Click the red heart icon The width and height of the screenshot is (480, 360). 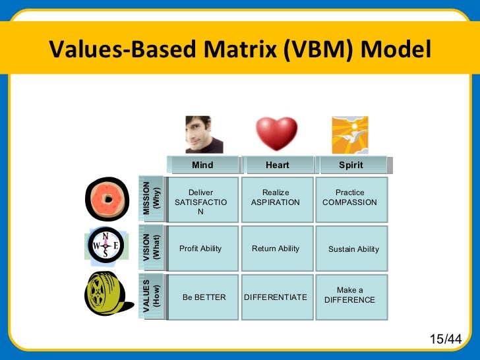click(276, 134)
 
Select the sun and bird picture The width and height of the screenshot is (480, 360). click(349, 135)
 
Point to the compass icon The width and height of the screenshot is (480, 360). click(105, 247)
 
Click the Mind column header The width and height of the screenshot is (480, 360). click(202, 165)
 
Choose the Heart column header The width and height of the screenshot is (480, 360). click(277, 165)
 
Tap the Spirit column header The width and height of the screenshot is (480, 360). click(351, 165)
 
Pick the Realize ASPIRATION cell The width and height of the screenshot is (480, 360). click(276, 198)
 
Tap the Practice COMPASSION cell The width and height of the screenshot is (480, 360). click(351, 198)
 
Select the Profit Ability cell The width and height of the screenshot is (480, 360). click(201, 249)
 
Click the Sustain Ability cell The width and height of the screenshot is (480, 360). click(353, 249)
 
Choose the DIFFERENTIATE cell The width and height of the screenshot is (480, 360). click(276, 297)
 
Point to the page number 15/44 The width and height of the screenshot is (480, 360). click(445, 339)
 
